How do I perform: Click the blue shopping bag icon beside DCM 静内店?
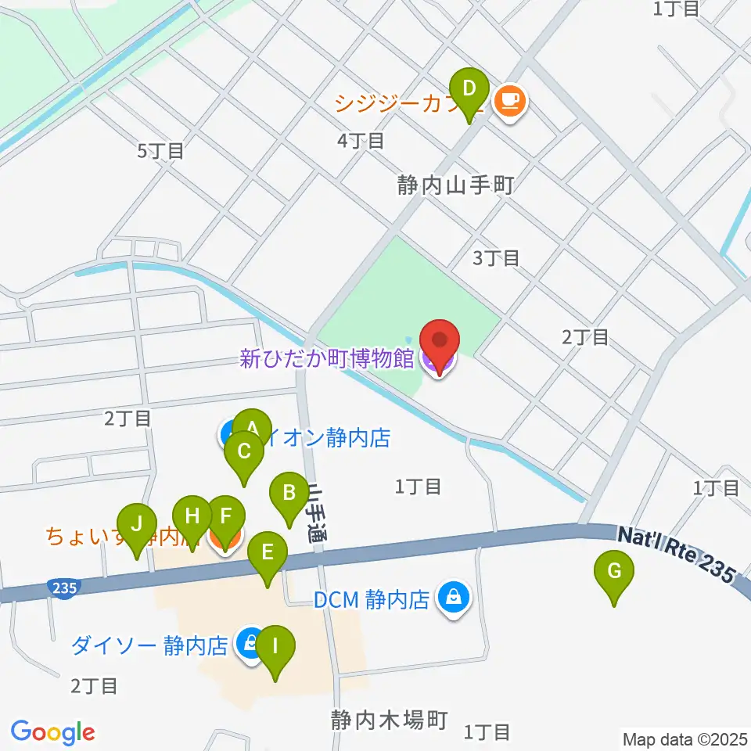(452, 599)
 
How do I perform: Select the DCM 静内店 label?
(372, 600)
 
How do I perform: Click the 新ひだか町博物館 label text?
(326, 360)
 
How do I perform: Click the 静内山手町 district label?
(455, 185)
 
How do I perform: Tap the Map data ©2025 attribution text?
(684, 738)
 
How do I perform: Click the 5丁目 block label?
(160, 151)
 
